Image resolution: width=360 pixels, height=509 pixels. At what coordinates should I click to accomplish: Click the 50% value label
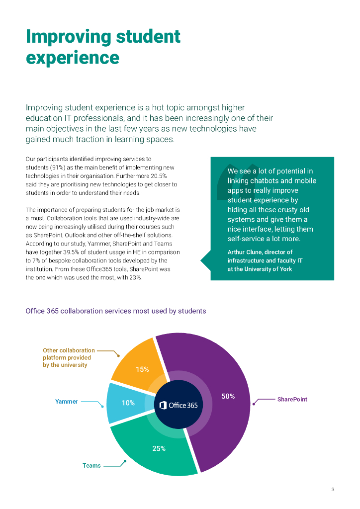(228, 396)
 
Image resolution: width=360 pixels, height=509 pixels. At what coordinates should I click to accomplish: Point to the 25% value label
(159, 448)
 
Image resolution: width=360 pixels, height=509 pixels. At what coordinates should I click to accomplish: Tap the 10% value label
(128, 403)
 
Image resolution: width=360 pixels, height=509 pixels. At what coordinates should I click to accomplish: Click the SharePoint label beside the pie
(292, 399)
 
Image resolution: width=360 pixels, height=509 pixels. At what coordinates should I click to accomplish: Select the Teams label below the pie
(91, 466)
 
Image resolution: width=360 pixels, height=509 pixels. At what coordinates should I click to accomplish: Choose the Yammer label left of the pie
(66, 402)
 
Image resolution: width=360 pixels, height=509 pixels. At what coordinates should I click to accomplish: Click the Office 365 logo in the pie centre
(179, 405)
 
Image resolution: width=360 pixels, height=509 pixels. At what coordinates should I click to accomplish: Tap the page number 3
(333, 490)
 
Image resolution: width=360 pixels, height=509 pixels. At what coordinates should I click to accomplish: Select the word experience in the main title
(73, 57)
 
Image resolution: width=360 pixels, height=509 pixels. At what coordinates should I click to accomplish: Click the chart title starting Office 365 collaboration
(115, 311)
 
